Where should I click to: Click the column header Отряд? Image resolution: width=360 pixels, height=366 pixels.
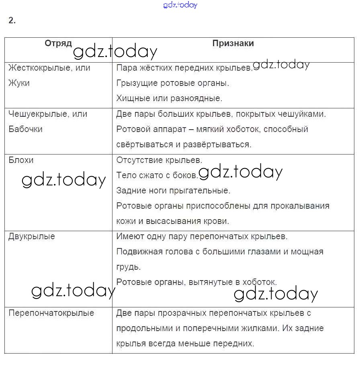(x=58, y=43)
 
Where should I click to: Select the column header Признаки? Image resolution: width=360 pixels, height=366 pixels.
(x=233, y=43)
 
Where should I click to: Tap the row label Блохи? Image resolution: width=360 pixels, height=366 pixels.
(x=21, y=160)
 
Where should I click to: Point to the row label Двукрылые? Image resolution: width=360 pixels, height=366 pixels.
(x=32, y=236)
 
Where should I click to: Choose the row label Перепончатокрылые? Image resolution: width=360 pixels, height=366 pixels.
(x=51, y=313)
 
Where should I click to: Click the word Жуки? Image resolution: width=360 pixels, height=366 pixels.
(x=19, y=83)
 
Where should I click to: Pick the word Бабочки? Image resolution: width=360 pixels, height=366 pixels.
(x=25, y=129)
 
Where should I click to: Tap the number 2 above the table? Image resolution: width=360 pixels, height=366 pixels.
(x=12, y=20)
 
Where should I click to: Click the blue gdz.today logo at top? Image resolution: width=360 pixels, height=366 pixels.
(x=180, y=5)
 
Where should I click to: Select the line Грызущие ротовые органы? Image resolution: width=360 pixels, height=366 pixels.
(x=173, y=83)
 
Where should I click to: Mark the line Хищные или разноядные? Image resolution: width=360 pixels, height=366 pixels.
(x=169, y=98)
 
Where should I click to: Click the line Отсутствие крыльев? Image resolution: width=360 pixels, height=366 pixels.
(x=159, y=160)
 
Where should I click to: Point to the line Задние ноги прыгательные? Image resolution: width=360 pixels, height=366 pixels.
(x=173, y=191)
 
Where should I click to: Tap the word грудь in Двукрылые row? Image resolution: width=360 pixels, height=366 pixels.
(x=128, y=266)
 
